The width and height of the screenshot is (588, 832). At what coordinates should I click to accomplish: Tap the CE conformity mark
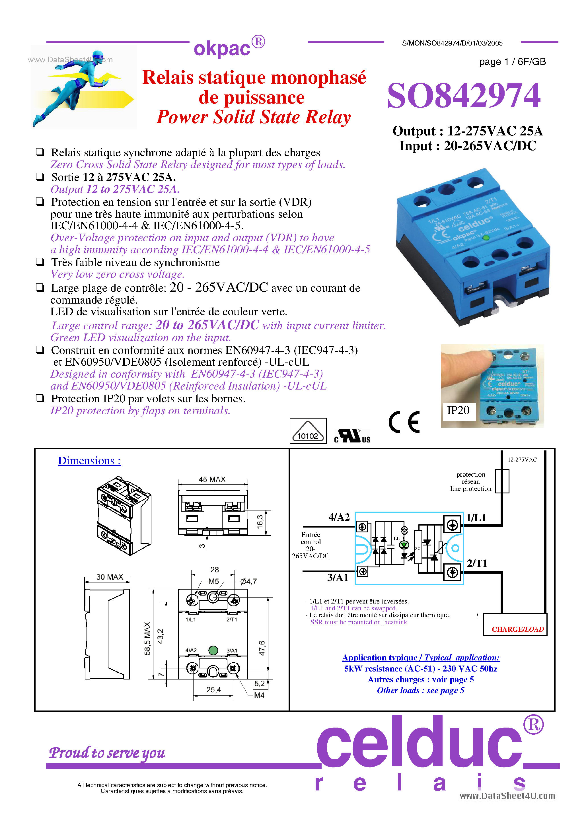point(404,422)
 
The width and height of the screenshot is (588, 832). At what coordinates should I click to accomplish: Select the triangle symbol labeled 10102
point(308,431)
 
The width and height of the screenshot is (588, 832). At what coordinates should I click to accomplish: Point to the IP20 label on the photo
point(458,410)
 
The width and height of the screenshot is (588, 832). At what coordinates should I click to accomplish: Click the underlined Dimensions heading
point(89,461)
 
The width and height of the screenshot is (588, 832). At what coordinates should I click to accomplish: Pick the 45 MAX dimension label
point(212,479)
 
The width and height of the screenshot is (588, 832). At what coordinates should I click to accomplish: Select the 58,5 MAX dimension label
point(147,639)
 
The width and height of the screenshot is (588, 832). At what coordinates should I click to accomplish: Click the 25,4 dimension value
point(213,690)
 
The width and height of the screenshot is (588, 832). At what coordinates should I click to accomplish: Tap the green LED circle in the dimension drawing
point(213,650)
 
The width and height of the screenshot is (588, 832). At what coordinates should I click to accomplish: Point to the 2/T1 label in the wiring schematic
point(477,563)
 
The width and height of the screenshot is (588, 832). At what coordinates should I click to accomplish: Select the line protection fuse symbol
point(502,481)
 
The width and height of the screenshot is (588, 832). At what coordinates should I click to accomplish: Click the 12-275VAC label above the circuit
point(522,460)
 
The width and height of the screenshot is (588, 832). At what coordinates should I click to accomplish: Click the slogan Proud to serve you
point(107,753)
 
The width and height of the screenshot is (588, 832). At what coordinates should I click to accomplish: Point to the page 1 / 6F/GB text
point(512,61)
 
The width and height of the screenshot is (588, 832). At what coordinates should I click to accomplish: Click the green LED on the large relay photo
point(486,238)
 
